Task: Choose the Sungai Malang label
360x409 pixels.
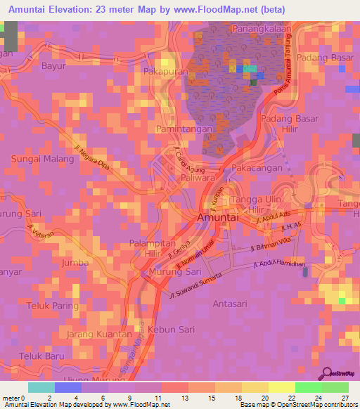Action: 42,160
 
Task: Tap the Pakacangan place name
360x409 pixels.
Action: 257,169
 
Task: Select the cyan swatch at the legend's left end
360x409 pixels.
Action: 41,387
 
